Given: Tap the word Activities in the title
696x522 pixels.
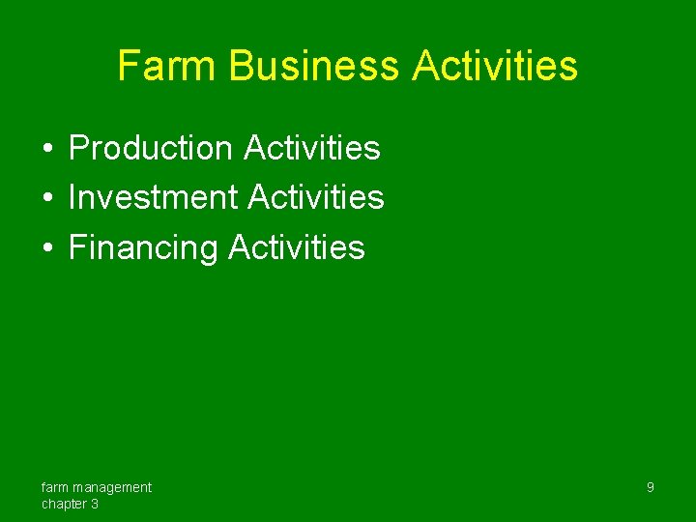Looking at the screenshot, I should pos(494,66).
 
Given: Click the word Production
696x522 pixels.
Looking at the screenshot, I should pos(151,148).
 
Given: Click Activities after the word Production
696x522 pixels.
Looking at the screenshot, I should pos(312,148).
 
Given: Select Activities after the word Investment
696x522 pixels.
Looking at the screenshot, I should pos(316,197).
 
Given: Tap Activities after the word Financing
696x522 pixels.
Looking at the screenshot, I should pos(297,247).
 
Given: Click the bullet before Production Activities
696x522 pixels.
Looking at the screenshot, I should pos(46,149).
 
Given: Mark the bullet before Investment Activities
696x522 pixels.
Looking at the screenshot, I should pos(46,198).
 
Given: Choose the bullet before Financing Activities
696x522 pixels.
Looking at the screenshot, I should pos(46,248).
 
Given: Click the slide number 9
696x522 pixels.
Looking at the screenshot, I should pos(650,487).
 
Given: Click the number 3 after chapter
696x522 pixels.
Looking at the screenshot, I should pos(94,504).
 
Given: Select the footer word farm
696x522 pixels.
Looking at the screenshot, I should pos(54,487).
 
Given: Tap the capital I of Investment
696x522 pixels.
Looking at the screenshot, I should pos(72,197).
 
